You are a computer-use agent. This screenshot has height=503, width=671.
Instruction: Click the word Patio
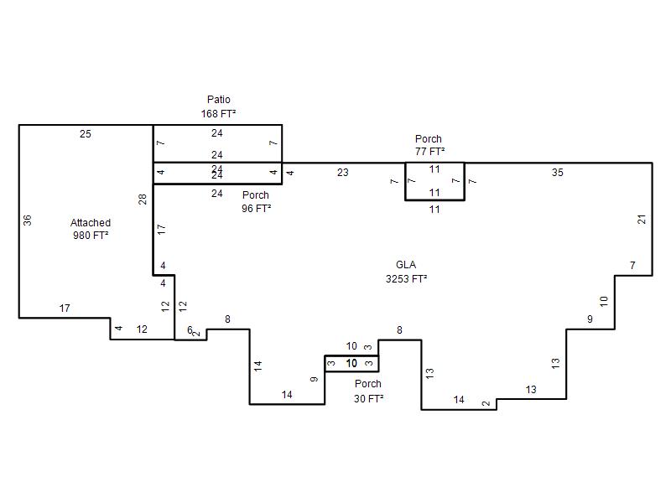point(219,100)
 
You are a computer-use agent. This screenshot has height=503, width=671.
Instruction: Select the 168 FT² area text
point(218,114)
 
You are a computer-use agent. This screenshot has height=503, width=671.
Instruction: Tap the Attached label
point(91,223)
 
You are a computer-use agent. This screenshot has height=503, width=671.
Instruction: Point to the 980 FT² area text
point(91,236)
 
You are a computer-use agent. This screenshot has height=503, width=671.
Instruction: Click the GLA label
point(406,265)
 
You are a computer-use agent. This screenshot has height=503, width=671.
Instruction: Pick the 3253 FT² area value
point(407,279)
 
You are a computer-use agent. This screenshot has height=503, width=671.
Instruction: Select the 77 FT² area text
point(429,152)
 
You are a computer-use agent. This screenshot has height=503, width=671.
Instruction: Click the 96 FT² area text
point(257,208)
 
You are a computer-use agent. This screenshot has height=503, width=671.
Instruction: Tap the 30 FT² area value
point(368,399)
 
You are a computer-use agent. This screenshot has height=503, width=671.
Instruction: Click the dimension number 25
point(86,134)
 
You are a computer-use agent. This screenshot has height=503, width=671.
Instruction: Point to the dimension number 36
point(28,220)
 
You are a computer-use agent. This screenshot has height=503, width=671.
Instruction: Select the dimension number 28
point(143,200)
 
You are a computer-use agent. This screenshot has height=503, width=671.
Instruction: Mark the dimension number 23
point(343,173)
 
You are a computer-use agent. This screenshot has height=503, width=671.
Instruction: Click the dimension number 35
point(558,173)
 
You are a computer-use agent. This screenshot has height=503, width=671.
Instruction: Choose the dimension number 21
point(642,220)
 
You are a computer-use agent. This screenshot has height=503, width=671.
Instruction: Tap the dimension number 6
point(190,329)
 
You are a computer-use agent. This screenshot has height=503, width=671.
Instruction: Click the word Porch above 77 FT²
point(429,139)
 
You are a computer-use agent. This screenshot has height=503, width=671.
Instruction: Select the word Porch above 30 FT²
point(368,384)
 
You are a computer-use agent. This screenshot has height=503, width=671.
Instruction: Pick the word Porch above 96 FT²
point(256,195)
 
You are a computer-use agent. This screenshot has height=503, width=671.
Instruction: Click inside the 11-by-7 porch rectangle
point(434,181)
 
